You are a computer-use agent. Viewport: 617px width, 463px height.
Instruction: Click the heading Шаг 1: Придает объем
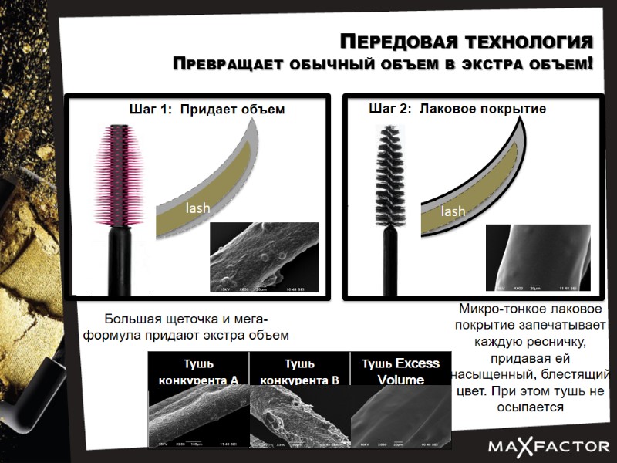click(x=206, y=110)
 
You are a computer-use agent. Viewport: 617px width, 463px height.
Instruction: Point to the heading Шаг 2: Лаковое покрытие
click(x=457, y=109)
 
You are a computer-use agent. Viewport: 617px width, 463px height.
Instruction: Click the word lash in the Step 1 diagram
click(x=197, y=208)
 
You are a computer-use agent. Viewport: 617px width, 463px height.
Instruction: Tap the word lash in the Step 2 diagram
click(x=453, y=211)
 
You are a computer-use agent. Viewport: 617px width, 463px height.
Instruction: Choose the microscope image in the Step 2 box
click(x=537, y=259)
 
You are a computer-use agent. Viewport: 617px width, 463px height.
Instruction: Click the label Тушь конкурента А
click(x=198, y=371)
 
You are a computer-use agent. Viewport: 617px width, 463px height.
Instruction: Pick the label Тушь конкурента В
click(x=300, y=371)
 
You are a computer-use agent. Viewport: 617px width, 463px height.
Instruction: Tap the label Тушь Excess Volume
click(x=400, y=370)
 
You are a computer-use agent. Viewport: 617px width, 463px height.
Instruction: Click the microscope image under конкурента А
click(x=198, y=417)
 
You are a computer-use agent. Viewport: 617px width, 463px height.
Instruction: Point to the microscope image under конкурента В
click(x=300, y=417)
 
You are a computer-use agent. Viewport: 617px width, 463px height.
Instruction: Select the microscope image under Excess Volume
click(x=400, y=417)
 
